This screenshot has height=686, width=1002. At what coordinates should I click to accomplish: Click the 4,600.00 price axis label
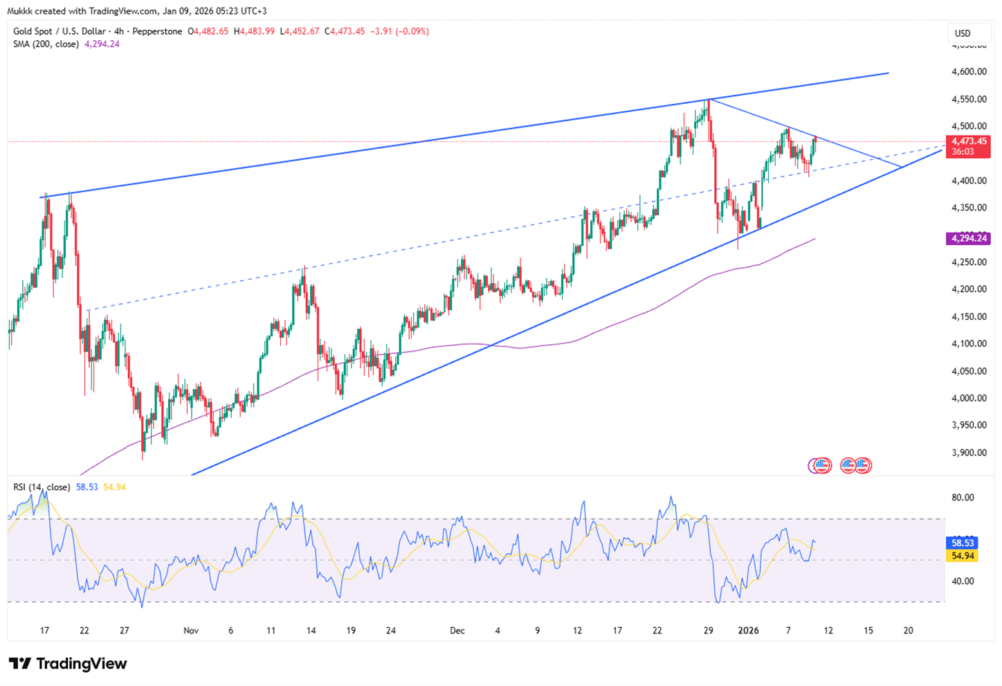[x=969, y=72]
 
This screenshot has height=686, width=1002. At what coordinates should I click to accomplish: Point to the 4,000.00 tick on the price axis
[x=969, y=398]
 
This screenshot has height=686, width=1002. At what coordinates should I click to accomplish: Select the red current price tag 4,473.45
[x=969, y=141]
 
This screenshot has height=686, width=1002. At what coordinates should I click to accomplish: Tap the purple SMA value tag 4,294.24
[x=969, y=238]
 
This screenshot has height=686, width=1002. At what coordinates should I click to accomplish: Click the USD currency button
[x=963, y=33]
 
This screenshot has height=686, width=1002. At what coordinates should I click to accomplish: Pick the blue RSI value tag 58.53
[x=963, y=543]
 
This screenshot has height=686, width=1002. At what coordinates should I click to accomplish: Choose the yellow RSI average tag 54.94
[x=963, y=556]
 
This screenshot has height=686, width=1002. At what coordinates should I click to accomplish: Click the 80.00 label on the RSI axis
[x=963, y=498]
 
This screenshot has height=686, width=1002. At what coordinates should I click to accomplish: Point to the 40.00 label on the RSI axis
[x=963, y=581]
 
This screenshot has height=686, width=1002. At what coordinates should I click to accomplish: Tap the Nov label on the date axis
[x=191, y=631]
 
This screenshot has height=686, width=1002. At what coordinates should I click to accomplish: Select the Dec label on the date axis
[x=457, y=631]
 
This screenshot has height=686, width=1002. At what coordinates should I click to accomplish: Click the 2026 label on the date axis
[x=749, y=631]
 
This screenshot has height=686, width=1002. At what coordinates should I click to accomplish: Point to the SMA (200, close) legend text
[x=46, y=44]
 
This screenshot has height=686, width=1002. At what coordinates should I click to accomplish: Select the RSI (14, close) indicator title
[x=42, y=487]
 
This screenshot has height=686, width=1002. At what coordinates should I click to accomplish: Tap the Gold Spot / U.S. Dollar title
[x=60, y=31]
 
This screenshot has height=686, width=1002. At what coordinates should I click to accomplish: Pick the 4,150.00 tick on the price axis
[x=969, y=316]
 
